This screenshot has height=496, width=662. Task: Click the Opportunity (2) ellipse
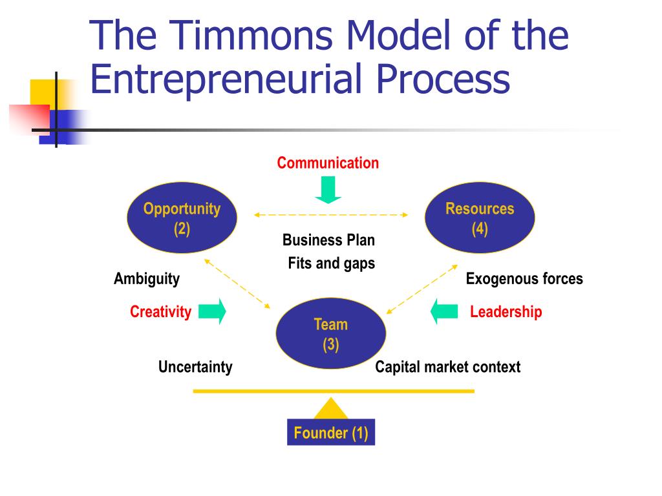[182, 219]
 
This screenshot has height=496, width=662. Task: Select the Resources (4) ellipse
[479, 219]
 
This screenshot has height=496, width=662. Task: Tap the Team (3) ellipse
[330, 334]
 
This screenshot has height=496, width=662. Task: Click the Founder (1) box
[330, 433]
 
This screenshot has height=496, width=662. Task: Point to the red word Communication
[328, 163]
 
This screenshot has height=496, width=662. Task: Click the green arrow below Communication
[328, 189]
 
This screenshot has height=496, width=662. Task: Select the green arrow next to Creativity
[212, 311]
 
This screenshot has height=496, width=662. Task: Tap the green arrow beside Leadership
[444, 311]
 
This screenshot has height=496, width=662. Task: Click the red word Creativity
[160, 312]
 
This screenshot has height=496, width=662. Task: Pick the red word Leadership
[506, 312]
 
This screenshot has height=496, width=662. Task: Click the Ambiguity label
[147, 279]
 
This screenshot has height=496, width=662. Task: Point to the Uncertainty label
[195, 367]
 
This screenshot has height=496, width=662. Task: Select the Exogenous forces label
[524, 279]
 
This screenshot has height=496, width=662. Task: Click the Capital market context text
[447, 367]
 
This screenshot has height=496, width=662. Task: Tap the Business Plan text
[328, 240]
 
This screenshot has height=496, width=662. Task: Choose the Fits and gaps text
[331, 263]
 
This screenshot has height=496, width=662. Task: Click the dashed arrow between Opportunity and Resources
[330, 214]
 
